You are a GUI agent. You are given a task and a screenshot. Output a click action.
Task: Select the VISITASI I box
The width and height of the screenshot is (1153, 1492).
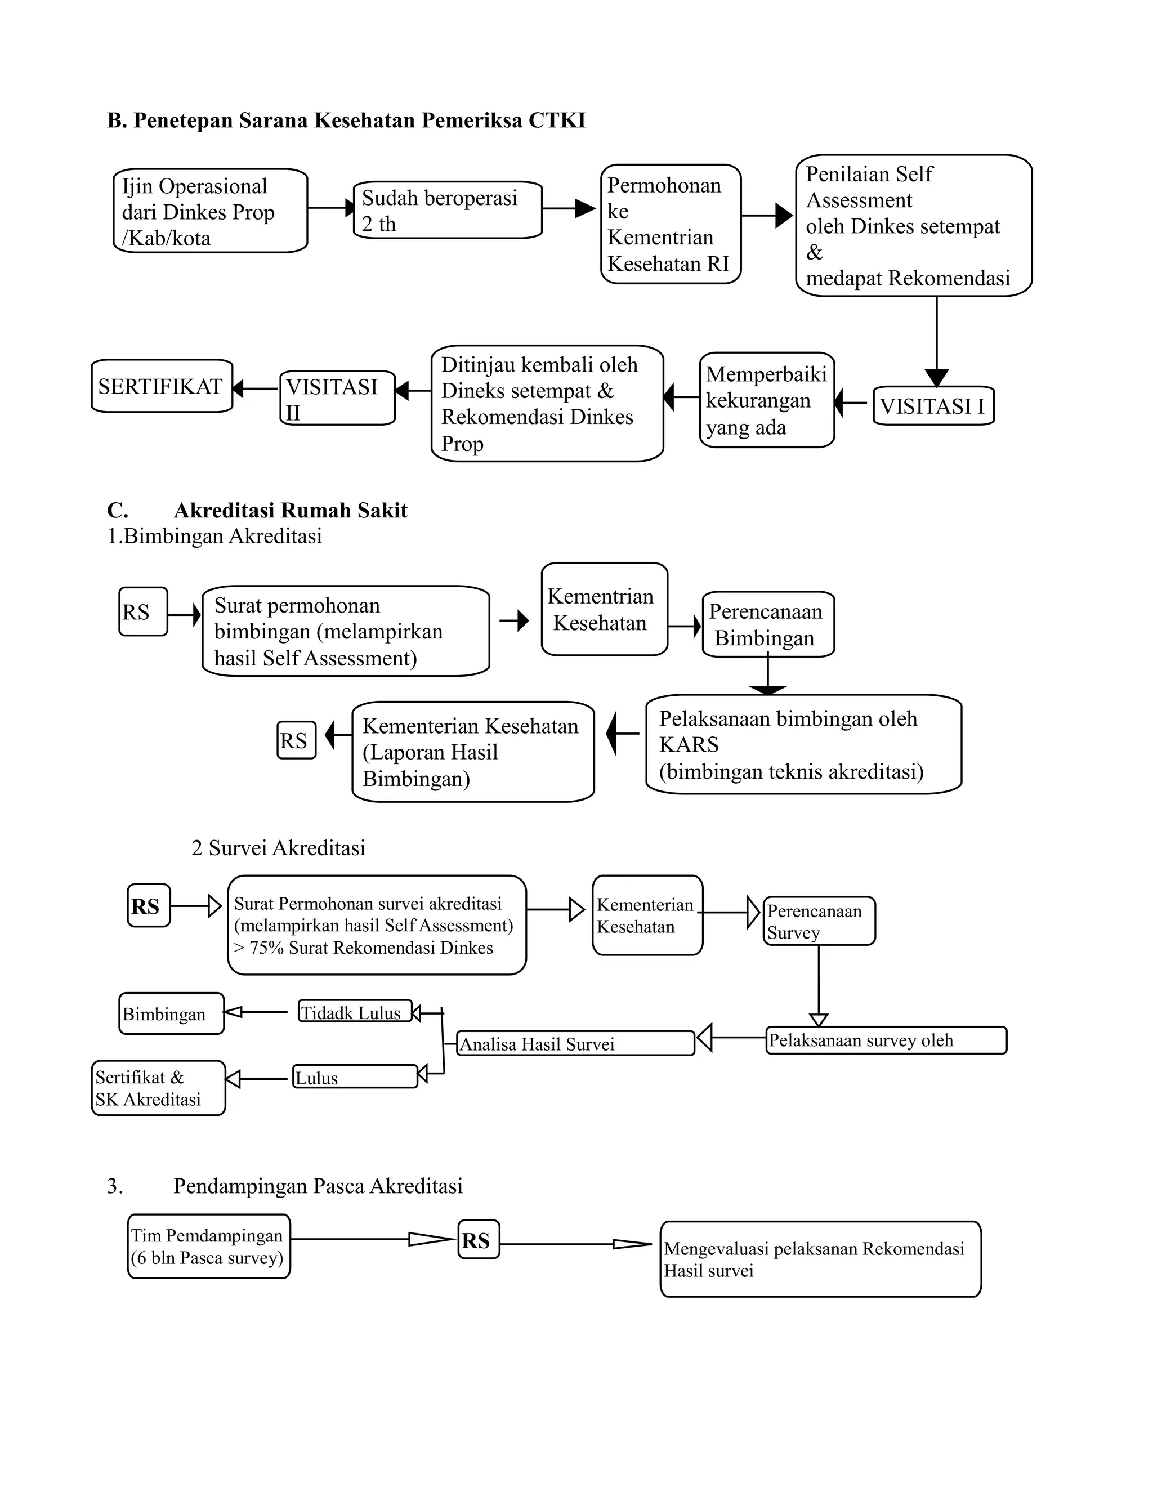933,406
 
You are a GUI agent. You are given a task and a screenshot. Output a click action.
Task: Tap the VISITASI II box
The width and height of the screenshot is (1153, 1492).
337,398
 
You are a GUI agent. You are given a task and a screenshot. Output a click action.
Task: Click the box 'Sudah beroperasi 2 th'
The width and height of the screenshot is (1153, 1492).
448,210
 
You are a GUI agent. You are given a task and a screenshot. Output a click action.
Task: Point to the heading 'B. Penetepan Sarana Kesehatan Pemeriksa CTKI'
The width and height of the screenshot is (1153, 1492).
346,120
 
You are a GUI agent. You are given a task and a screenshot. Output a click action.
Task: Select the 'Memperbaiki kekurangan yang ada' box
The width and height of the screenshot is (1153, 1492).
766,400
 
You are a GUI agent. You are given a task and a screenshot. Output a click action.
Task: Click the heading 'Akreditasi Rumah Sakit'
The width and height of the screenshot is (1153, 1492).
291,510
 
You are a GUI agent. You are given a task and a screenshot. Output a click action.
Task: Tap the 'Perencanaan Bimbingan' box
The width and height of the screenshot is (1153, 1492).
768,624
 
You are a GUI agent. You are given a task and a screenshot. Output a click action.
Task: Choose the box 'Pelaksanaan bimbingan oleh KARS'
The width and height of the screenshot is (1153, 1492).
803,745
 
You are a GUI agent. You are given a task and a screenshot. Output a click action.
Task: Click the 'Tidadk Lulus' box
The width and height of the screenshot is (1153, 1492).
355,1012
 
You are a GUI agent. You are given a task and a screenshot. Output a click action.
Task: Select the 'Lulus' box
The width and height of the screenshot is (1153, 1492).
355,1076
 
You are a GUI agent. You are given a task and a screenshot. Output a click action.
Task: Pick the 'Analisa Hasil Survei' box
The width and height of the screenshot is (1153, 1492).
575,1043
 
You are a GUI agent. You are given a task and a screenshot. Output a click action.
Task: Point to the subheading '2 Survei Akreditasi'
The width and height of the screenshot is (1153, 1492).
278,848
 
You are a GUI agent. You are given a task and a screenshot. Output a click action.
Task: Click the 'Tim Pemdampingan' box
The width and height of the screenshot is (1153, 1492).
209,1247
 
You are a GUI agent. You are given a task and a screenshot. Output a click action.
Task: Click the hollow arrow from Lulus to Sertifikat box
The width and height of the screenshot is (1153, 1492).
256,1079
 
